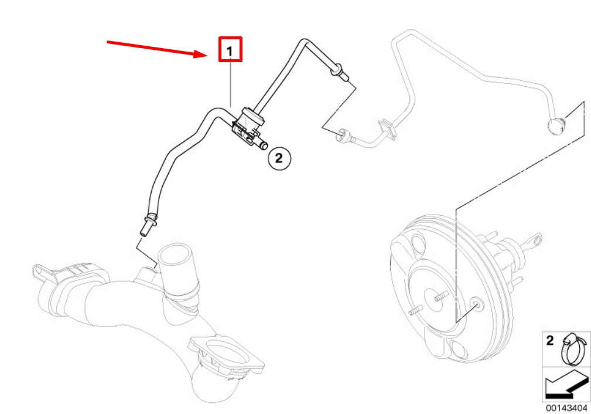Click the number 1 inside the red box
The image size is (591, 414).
tap(230, 51)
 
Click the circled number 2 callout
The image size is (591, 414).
tap(279, 158)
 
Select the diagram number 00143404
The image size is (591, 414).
tap(566, 408)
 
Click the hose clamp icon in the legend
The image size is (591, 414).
tap(573, 349)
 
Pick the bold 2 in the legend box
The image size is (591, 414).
tap(551, 341)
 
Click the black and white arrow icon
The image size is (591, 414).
tap(566, 385)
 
